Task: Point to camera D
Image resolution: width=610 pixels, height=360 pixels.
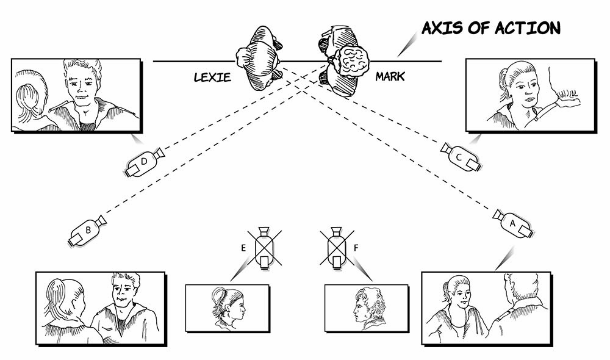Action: (144, 162)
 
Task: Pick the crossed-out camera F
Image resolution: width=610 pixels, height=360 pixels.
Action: (336, 247)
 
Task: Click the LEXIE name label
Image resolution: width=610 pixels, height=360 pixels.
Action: (212, 77)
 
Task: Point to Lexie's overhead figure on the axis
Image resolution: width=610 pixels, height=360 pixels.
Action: (259, 58)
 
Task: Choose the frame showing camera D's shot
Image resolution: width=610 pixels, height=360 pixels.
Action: (76, 95)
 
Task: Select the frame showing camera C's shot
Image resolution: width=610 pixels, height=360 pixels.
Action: (529, 95)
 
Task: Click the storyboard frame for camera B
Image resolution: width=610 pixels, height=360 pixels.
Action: (101, 308)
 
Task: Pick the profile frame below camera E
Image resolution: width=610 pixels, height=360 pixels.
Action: (227, 308)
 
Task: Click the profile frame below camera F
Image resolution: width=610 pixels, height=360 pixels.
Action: (366, 308)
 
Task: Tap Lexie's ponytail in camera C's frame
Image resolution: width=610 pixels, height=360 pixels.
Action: (503, 79)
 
